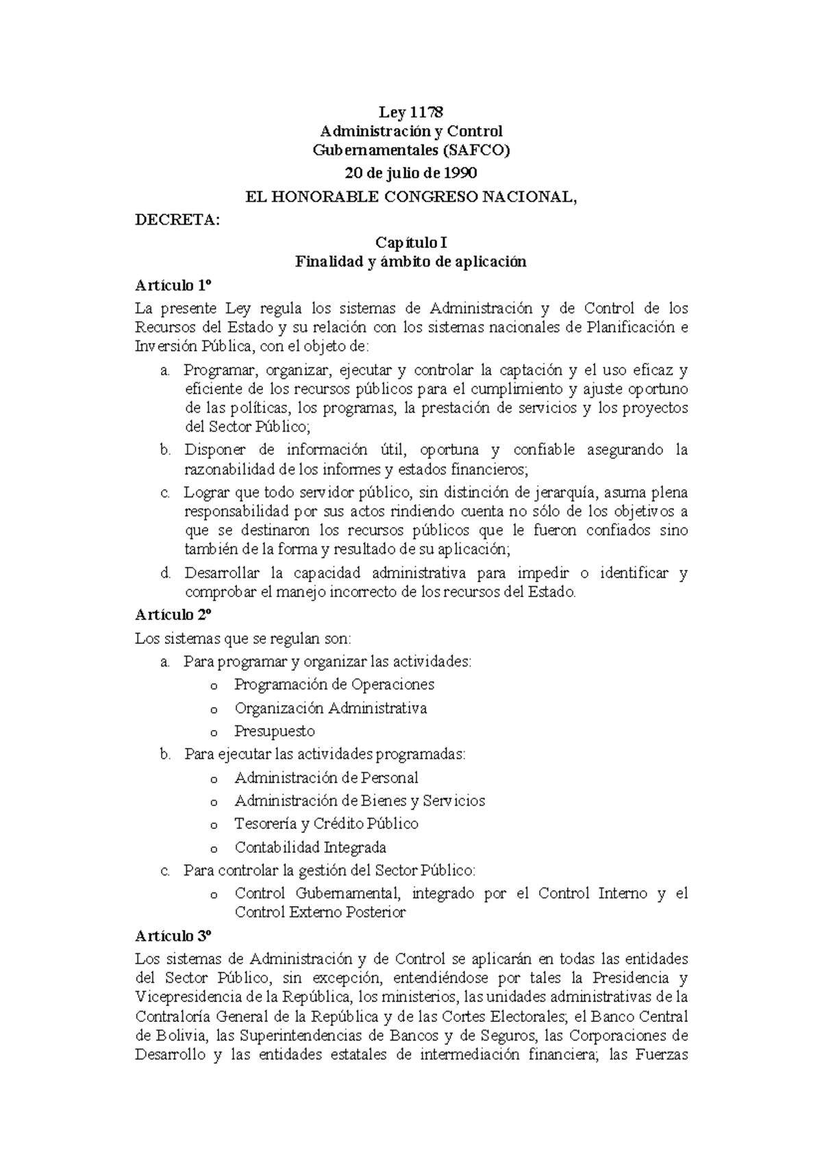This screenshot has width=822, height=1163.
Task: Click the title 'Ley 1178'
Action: pyautogui.click(x=411, y=112)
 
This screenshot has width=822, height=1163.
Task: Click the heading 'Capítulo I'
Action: pyautogui.click(x=411, y=242)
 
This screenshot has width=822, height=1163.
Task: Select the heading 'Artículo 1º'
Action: pyautogui.click(x=175, y=285)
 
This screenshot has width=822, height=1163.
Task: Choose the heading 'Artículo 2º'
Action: pyautogui.click(x=175, y=614)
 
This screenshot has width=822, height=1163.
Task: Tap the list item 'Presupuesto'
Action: pyautogui.click(x=275, y=731)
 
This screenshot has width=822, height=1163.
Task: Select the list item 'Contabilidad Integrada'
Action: pyautogui.click(x=310, y=847)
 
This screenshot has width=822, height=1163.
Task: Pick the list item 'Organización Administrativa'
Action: pyautogui.click(x=330, y=708)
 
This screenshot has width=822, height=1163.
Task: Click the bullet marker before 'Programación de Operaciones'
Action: pyautogui.click(x=214, y=686)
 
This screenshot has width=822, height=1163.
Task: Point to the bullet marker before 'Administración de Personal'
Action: pyautogui.click(x=214, y=779)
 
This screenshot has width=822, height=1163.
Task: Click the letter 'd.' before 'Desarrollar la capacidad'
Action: pyautogui.click(x=165, y=573)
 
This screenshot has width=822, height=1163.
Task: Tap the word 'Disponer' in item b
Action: pyautogui.click(x=212, y=450)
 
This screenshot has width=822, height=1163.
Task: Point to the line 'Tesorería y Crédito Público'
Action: pyautogui.click(x=326, y=823)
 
